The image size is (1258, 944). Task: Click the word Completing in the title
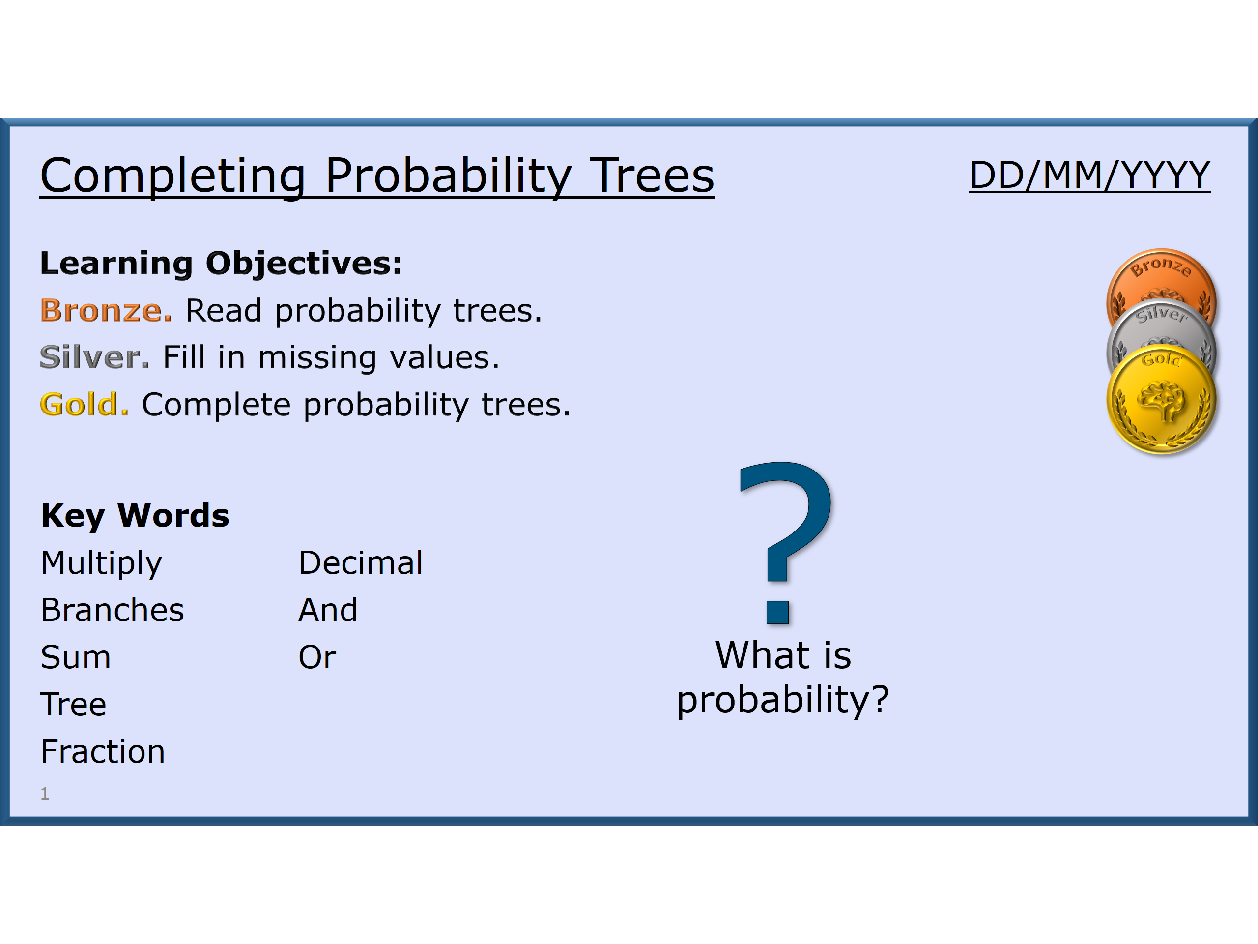[x=173, y=176]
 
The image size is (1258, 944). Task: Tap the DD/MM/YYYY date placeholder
[x=1088, y=175]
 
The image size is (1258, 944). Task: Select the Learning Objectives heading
[x=221, y=263]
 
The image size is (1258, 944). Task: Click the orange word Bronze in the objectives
[x=106, y=311]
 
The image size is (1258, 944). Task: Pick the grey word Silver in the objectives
[x=94, y=357]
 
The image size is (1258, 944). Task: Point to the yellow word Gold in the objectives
[x=84, y=405]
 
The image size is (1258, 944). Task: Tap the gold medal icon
[x=1161, y=402]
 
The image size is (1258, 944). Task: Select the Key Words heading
[x=135, y=516]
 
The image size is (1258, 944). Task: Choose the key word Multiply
[x=101, y=563]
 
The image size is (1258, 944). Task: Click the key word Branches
[x=112, y=610]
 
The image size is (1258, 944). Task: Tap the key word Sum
[x=75, y=657]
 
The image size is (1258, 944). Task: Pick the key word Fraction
[x=102, y=752]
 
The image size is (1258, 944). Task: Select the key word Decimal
[x=361, y=563]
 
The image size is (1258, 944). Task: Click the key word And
[x=328, y=610]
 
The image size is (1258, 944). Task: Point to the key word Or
[x=317, y=657]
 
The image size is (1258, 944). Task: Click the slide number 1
[x=45, y=793]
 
